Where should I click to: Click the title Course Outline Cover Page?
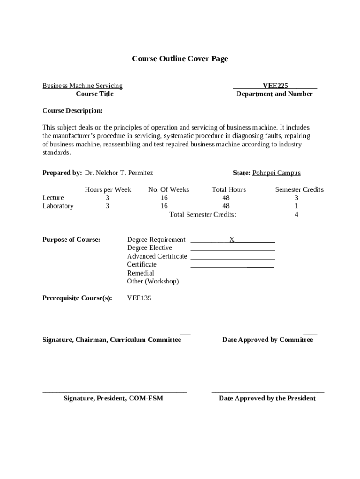point(180,59)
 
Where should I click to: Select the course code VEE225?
point(275,86)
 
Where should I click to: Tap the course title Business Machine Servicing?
point(83,86)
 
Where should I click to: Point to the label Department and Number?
point(274,94)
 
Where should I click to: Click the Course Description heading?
point(72,111)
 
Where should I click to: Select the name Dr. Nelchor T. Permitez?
point(119,173)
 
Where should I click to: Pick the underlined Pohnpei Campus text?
point(276,173)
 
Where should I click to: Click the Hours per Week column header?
point(108,190)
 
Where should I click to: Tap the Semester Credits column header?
point(299,190)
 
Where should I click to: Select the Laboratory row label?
point(58,206)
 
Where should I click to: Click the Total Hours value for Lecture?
point(226,198)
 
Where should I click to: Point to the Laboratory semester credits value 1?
point(296,206)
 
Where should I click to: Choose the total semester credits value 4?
point(296,215)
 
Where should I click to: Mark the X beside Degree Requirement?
point(232,239)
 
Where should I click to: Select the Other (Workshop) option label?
point(153,282)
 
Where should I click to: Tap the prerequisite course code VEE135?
point(139,298)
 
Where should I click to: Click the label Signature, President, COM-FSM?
point(114,399)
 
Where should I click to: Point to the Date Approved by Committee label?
point(267,340)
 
